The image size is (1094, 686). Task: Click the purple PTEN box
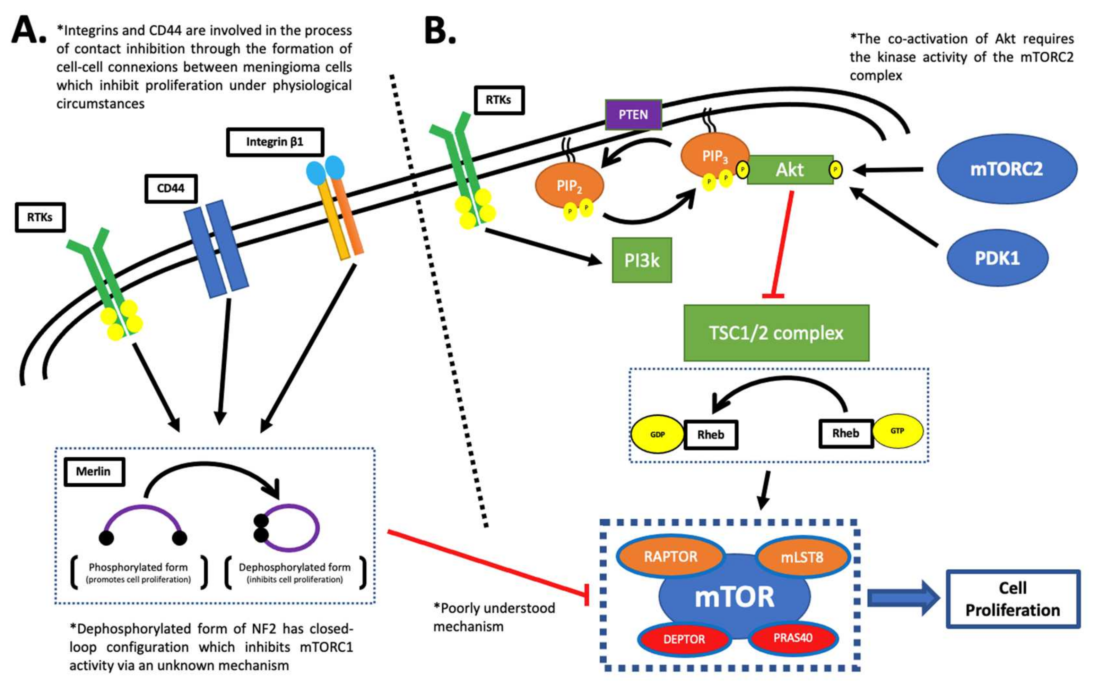(633, 115)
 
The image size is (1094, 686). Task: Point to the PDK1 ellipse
(997, 258)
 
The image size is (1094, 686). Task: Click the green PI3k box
(642, 260)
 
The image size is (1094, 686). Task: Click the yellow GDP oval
(657, 434)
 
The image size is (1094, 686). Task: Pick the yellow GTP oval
(897, 431)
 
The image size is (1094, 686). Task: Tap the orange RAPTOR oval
(670, 556)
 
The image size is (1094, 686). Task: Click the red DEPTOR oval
(684, 639)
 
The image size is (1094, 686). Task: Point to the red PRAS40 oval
(793, 637)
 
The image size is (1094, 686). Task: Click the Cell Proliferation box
(1013, 599)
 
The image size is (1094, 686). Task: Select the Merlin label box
(94, 472)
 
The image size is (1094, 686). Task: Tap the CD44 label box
(171, 188)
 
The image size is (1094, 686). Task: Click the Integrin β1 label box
(275, 142)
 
